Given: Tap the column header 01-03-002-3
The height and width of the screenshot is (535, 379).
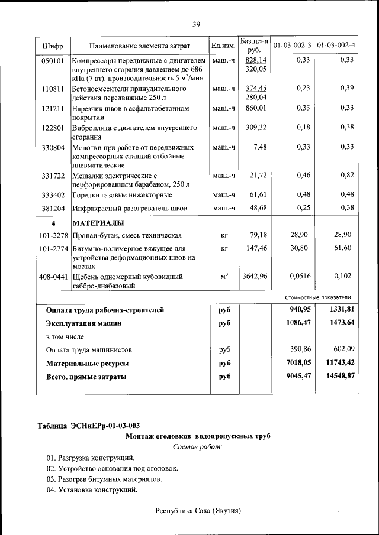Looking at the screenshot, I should (x=291, y=46).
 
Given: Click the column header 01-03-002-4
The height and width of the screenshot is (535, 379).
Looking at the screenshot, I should (x=336, y=46).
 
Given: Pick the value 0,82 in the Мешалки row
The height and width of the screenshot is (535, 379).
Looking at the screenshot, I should (x=347, y=175).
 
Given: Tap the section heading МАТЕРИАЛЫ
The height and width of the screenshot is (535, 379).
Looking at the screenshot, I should (x=98, y=223).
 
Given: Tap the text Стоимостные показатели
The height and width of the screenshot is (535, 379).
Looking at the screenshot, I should (x=318, y=297).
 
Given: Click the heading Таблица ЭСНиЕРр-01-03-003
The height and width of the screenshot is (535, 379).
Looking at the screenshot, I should (x=89, y=426).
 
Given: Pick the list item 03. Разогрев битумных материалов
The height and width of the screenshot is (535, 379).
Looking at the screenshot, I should (x=104, y=479).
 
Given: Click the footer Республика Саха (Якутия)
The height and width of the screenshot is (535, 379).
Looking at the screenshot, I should (x=198, y=510).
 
